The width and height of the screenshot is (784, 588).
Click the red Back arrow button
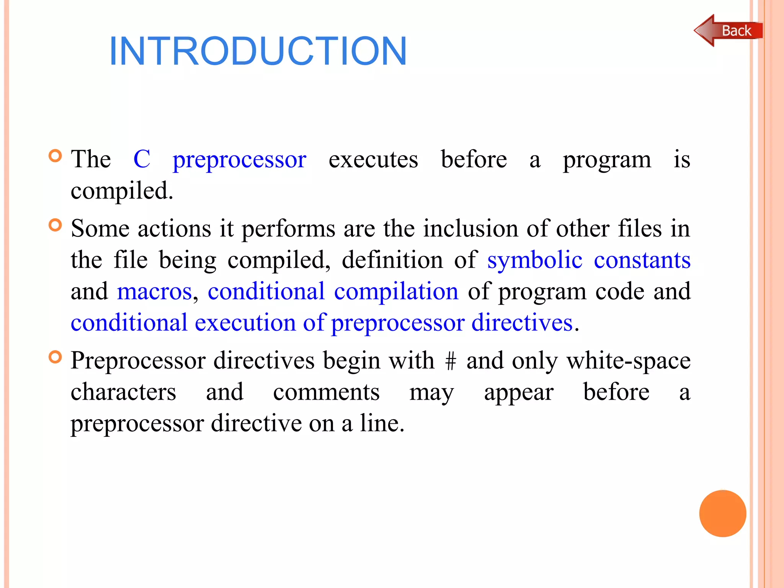(x=728, y=31)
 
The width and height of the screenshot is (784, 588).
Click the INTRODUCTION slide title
(x=258, y=51)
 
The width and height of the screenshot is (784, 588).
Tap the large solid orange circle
(x=722, y=513)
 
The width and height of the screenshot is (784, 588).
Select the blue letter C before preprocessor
(x=142, y=159)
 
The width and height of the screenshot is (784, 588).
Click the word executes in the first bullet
(x=373, y=159)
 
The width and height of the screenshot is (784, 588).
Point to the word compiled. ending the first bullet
(x=122, y=191)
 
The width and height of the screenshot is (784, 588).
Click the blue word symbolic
(x=535, y=260)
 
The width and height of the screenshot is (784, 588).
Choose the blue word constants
(x=642, y=260)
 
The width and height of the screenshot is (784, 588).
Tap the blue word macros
(x=154, y=291)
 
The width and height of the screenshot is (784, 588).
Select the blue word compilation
(x=396, y=291)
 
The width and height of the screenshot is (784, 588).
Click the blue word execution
(x=245, y=323)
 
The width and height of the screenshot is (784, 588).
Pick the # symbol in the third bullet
(x=451, y=361)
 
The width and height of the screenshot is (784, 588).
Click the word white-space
(x=628, y=361)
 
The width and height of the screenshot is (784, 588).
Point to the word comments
(x=326, y=392)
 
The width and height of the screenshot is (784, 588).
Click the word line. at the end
(x=382, y=423)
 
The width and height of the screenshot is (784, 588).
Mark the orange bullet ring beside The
(x=56, y=156)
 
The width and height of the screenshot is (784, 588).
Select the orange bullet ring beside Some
(x=56, y=225)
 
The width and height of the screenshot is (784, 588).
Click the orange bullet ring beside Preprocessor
(x=56, y=357)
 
